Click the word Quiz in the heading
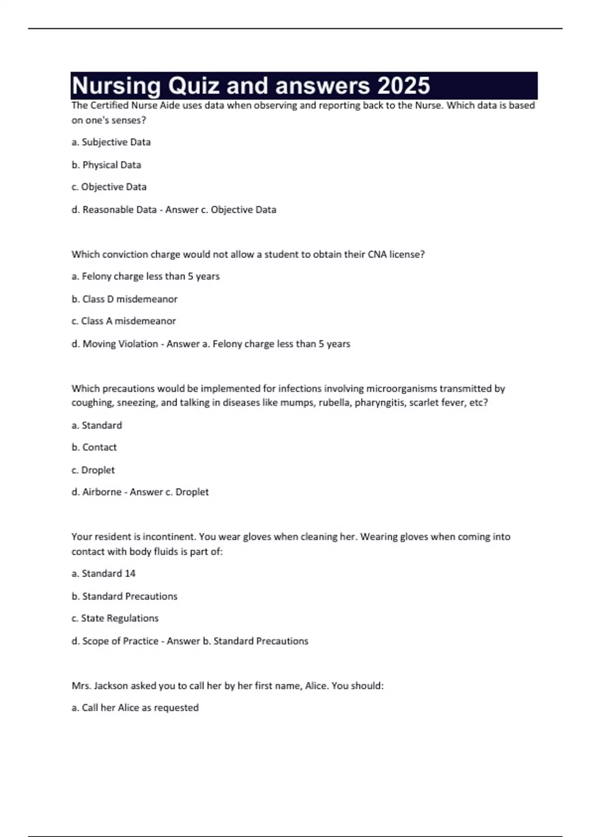point(193,86)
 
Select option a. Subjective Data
point(111,142)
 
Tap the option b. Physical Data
point(106,165)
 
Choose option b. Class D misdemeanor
point(125,299)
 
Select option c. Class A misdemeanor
point(124,321)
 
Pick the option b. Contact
point(94,448)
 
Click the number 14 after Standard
point(130,574)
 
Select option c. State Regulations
point(115,618)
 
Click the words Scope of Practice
point(120,641)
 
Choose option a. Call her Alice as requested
point(135,708)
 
